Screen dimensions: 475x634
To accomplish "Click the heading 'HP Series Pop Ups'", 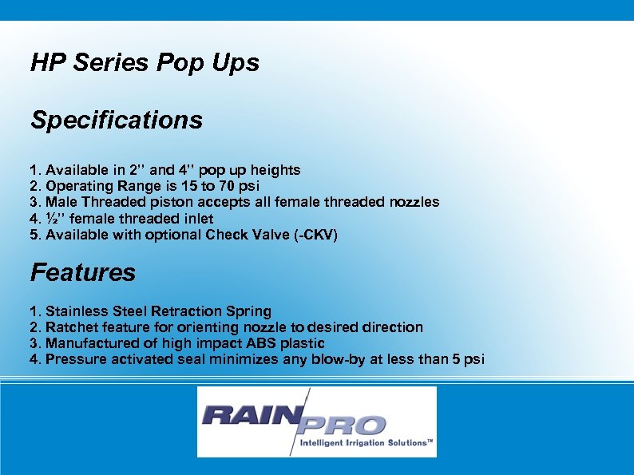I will tap(145, 64).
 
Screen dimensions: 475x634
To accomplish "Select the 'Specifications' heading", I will tap(117, 121).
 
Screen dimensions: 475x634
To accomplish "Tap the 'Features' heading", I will tap(83, 273).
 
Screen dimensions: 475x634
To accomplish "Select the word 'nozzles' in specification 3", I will tap(412, 202).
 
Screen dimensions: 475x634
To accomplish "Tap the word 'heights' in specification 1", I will tap(275, 170).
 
